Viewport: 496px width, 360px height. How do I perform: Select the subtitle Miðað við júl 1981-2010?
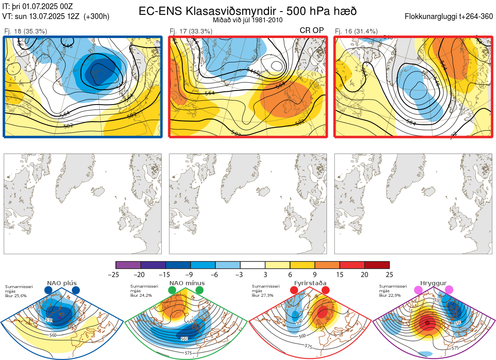[248, 20]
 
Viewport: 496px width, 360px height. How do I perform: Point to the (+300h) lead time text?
[96, 17]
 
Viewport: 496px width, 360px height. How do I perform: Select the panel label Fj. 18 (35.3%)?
[25, 31]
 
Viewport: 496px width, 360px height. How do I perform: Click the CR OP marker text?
[312, 30]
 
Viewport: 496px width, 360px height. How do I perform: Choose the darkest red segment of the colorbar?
[377, 265]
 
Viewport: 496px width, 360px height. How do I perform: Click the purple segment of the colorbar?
[128, 265]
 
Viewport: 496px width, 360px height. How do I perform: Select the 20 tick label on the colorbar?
[364, 274]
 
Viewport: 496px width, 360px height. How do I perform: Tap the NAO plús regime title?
[62, 283]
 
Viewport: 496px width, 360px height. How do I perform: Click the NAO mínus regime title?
[187, 283]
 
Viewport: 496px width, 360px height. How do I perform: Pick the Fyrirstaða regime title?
[310, 283]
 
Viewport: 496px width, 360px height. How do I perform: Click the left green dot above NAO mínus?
[172, 291]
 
